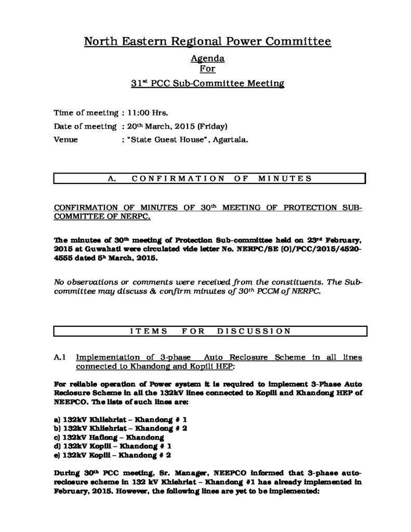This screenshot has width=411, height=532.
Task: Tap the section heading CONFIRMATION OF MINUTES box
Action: (209, 179)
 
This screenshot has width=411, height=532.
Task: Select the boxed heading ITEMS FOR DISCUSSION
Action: (209, 330)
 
